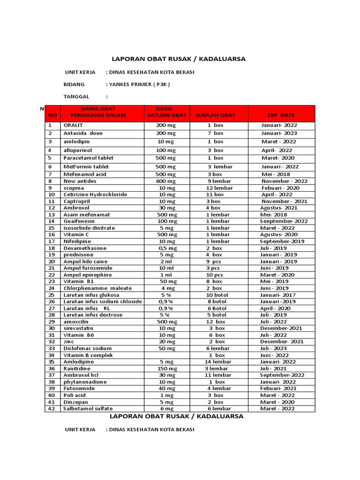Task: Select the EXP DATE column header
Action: pos(281,115)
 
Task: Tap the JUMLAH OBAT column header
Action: pos(216,115)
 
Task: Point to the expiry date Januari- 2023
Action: pos(279,134)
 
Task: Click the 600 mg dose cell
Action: pos(166,181)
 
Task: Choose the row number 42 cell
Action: pos(52,409)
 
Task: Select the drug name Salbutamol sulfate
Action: pos(88,409)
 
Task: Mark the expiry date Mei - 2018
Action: pos(274,174)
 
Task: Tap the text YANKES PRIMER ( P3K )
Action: pos(139,84)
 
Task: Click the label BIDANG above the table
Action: pos(74,84)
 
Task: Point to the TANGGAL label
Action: pos(76,97)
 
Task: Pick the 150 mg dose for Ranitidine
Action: pos(166,368)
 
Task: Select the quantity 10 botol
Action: pos(216,295)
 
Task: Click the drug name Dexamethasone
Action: pos(85,248)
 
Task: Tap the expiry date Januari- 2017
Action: pos(279,295)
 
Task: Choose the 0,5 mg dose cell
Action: pos(166,248)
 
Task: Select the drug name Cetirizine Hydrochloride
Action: pos(95,195)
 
